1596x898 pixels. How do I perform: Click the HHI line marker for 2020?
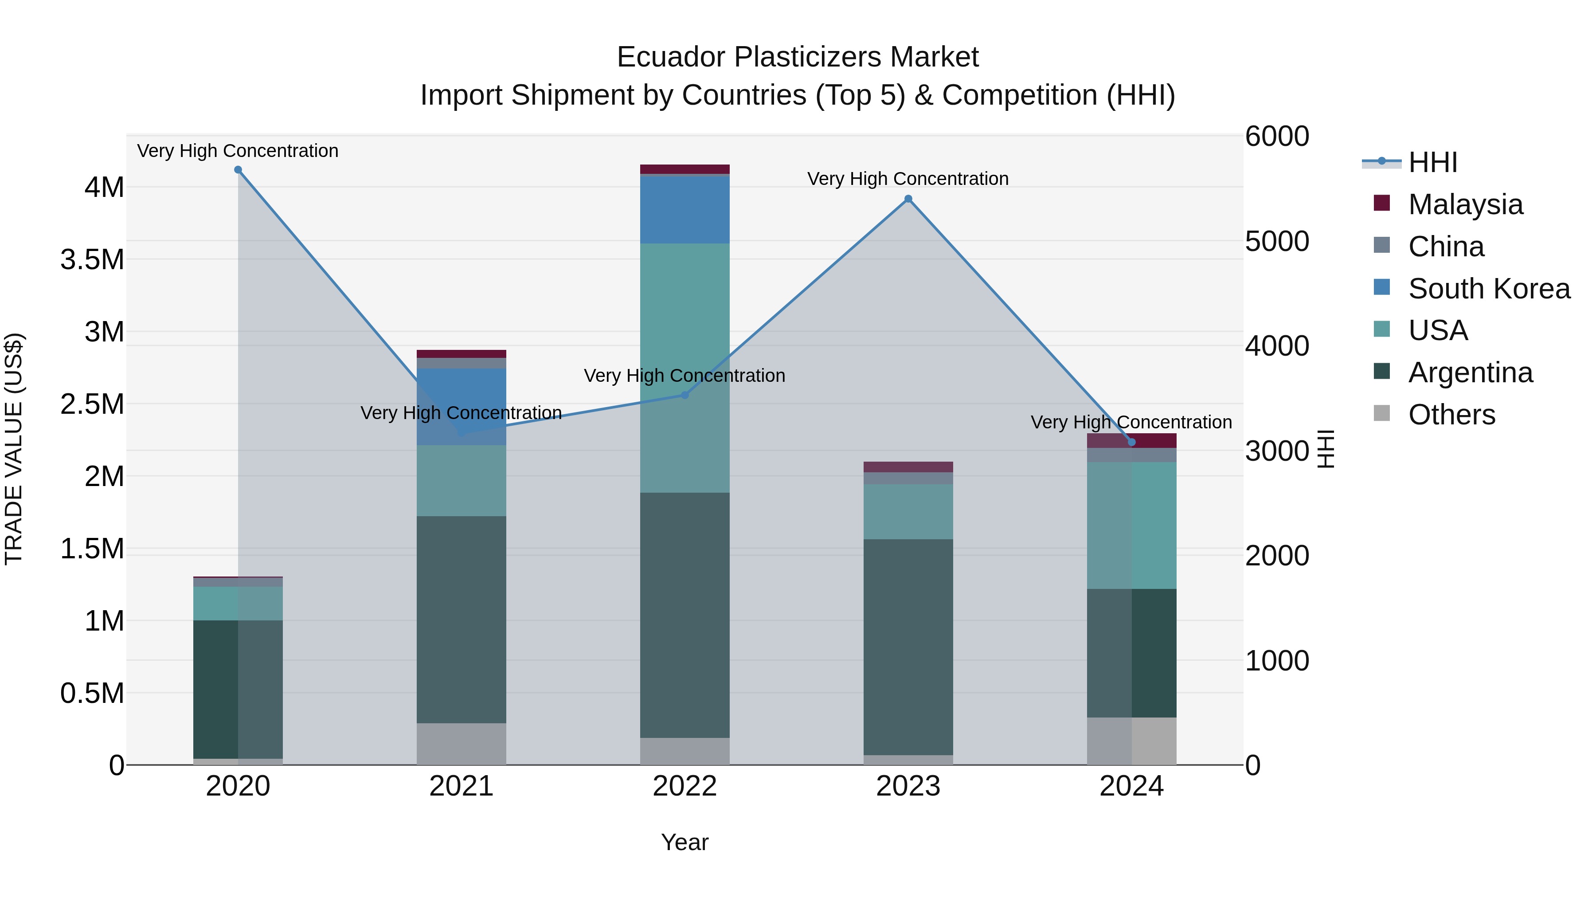click(238, 170)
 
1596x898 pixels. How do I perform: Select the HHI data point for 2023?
click(908, 199)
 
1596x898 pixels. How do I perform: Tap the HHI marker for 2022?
click(685, 395)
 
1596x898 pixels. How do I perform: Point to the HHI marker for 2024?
click(1131, 442)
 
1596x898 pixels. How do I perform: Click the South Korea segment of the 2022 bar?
click(685, 209)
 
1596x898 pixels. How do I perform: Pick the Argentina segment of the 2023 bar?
click(908, 647)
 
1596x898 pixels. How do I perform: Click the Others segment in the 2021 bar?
click(461, 744)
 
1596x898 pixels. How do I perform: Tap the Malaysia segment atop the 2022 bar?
click(685, 169)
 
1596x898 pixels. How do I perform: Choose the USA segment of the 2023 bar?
click(908, 511)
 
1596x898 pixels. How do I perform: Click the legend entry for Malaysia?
click(1465, 204)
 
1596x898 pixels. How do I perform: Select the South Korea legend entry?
click(1488, 289)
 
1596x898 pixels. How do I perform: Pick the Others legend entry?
click(1451, 415)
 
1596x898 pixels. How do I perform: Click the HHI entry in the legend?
click(1432, 162)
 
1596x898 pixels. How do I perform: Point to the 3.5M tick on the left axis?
click(93, 260)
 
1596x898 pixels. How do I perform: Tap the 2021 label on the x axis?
click(461, 786)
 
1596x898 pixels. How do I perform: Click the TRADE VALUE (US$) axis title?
click(14, 449)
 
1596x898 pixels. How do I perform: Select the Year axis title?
click(685, 842)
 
